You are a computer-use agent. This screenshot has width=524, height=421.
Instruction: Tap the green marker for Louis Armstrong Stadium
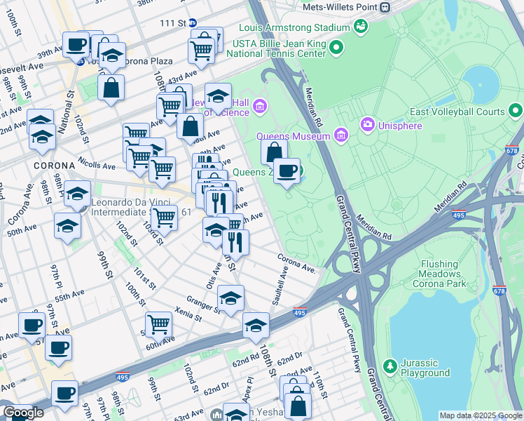pos(361,27)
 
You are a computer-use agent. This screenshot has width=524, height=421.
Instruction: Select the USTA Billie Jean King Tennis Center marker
pos(336,48)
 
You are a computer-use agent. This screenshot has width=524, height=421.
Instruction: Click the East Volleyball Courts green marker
pos(516,111)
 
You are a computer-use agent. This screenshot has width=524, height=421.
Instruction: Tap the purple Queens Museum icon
pos(341,135)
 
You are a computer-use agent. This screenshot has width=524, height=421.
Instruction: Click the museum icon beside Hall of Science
pos(260,107)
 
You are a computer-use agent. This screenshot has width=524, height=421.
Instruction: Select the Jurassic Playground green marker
pos(389,366)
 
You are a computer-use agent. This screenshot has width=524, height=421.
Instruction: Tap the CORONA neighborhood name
pos(49,166)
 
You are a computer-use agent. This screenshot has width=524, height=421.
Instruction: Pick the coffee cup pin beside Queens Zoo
pos(287,171)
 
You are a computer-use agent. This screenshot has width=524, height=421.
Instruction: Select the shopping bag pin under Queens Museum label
pos(275,152)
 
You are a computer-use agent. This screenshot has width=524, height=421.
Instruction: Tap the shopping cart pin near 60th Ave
pos(159,324)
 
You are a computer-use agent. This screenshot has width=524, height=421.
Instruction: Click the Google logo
pos(23,413)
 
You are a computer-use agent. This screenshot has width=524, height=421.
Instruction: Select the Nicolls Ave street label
pos(96,164)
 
